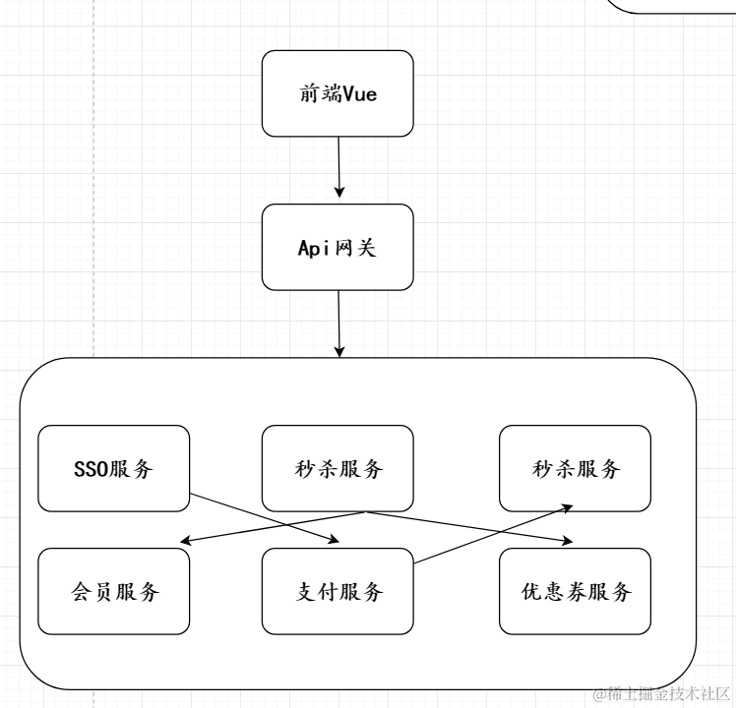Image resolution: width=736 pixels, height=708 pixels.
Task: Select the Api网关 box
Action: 337,247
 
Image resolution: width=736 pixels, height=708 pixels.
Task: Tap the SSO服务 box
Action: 113,468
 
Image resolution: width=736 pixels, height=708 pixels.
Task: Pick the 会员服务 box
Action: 113,592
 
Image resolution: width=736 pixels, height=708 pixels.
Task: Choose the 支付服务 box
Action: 337,592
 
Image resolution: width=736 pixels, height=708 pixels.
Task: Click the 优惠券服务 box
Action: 575,592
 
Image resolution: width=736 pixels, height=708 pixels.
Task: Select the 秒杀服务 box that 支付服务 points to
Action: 575,468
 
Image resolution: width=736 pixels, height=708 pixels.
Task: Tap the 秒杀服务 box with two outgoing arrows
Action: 337,468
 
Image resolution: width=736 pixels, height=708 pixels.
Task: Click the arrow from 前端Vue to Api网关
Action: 338,167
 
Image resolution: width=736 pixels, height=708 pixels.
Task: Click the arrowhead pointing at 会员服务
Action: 185,541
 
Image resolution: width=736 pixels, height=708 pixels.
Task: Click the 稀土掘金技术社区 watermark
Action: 660,694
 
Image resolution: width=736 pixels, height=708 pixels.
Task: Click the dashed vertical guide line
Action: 93,197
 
